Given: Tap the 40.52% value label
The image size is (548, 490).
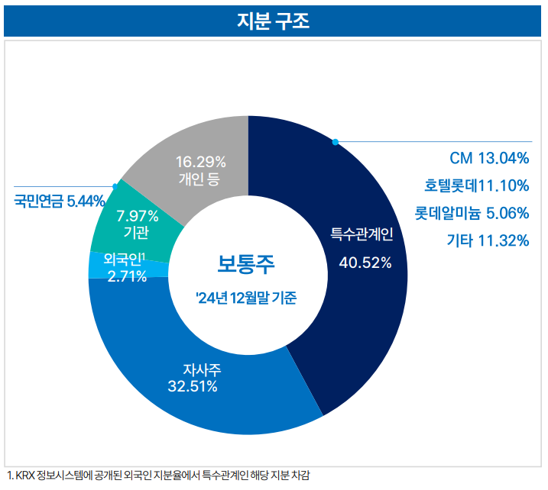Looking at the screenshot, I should [x=365, y=263].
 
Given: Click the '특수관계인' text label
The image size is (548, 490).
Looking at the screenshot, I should [x=362, y=233].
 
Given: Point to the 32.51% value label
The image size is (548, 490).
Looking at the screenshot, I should [x=192, y=386].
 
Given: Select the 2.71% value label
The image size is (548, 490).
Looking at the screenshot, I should [x=127, y=276].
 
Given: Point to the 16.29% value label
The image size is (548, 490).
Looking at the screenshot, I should [x=200, y=162].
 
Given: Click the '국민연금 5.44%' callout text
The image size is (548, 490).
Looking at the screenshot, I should [x=59, y=201].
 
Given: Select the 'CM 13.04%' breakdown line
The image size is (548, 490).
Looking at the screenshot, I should [x=488, y=159].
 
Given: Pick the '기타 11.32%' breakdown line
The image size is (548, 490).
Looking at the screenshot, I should [x=488, y=240].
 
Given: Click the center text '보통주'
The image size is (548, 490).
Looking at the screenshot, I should [x=246, y=264].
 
